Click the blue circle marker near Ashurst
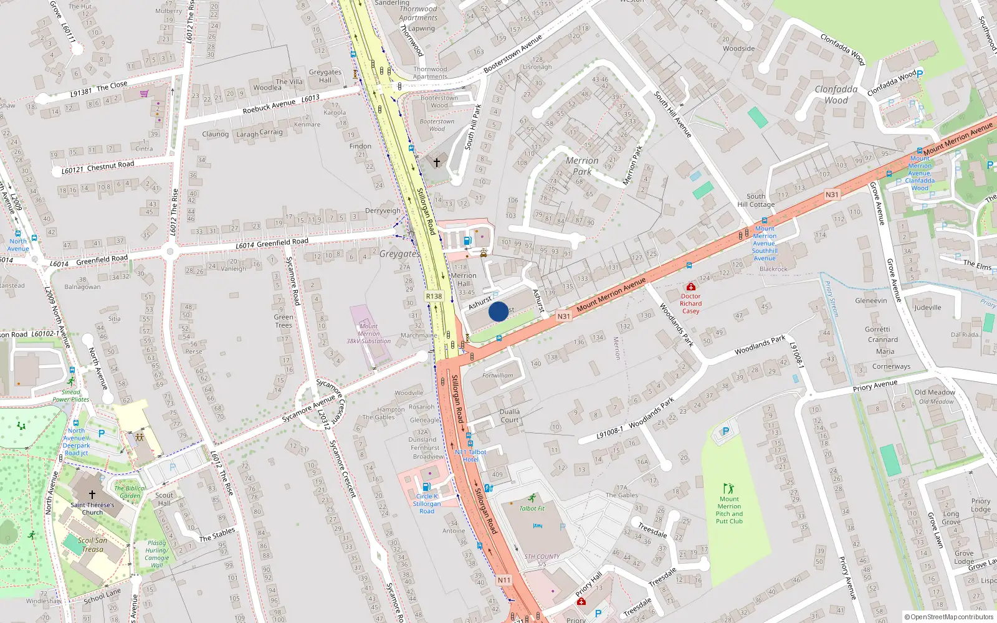499,311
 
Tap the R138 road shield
434,297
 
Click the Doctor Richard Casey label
690,303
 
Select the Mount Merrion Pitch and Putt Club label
729,510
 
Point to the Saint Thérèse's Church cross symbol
92,494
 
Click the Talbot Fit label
532,508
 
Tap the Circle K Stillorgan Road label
427,503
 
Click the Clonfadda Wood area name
836,95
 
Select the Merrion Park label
582,166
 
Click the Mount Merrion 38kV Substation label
368,334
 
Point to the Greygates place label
399,254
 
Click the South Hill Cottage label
756,200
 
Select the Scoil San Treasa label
92,545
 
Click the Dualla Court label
509,416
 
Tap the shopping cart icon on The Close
145,93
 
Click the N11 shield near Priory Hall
504,580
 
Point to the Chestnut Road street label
110,166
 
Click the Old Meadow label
935,392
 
